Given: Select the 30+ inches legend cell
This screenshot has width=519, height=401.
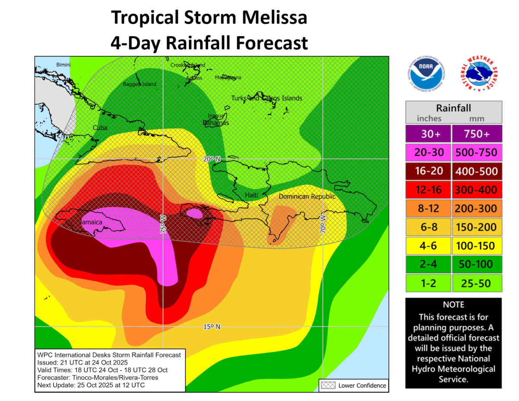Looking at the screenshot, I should pyautogui.click(x=428, y=134).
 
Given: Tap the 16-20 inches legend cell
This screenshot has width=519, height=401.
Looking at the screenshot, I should pyautogui.click(x=428, y=171).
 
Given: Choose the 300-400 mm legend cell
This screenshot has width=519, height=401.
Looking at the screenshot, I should pyautogui.click(x=477, y=189).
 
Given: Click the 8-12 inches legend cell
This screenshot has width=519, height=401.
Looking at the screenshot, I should pyautogui.click(x=428, y=209).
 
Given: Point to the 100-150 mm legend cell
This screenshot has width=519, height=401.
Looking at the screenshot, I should pyautogui.click(x=477, y=246).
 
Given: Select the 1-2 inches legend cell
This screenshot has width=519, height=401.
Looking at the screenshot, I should pyautogui.click(x=428, y=283).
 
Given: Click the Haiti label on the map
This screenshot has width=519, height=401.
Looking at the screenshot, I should pyautogui.click(x=251, y=195).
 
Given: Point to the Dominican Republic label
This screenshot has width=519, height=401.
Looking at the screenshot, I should pyautogui.click(x=307, y=196).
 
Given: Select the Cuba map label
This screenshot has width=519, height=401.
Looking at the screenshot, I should pyautogui.click(x=100, y=128).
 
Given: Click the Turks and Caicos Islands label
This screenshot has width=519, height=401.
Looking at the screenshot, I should pyautogui.click(x=266, y=98).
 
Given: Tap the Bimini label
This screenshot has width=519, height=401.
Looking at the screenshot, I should pyautogui.click(x=63, y=65).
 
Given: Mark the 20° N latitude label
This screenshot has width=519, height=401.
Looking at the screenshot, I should pyautogui.click(x=212, y=159).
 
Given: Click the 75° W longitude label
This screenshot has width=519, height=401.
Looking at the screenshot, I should pyautogui.click(x=163, y=225).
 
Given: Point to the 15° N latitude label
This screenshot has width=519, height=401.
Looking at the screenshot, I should pyautogui.click(x=212, y=327).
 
